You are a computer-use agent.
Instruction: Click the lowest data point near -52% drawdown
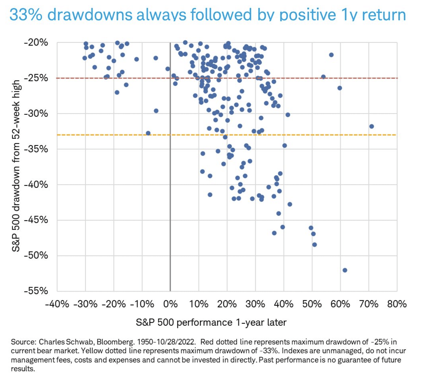345,270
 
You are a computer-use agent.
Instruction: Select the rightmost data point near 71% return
372,126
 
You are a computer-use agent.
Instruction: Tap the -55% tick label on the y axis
36,291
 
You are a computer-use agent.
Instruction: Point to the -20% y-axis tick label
36,42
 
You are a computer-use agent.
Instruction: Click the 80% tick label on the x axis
397,304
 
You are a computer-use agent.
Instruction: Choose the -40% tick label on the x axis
57,304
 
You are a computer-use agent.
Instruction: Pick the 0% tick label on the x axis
170,304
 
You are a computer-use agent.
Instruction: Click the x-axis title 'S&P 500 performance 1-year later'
211,322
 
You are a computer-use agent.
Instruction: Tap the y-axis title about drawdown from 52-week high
16,166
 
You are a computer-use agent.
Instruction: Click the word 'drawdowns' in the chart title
90,15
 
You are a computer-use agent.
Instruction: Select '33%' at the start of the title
26,15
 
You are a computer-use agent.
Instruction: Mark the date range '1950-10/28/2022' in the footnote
166,342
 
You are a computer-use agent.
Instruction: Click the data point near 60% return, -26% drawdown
340,88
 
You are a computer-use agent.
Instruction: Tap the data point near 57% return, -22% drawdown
331,55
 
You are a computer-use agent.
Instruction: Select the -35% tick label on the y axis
36,149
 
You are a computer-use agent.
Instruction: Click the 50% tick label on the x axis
312,304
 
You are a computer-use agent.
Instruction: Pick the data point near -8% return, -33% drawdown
148,133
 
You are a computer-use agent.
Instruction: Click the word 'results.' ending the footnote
23,369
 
